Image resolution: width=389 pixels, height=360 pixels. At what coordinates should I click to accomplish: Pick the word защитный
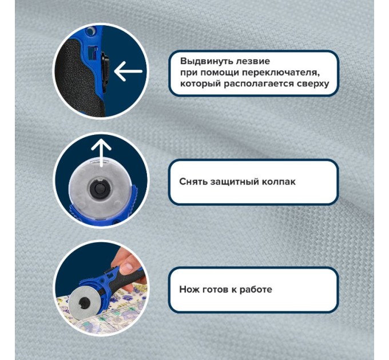pyautogui.click(x=231, y=182)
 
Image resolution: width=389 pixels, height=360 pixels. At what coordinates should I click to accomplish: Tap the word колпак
pyautogui.click(x=275, y=182)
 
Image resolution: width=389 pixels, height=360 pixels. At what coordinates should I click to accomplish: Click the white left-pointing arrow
pyautogui.click(x=128, y=71)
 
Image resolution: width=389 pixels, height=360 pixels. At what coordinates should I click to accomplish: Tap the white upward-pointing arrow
pyautogui.click(x=101, y=153)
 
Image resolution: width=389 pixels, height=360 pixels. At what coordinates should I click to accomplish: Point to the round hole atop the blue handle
pyautogui.click(x=91, y=31)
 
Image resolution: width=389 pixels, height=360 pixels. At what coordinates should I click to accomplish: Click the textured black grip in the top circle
pyautogui.click(x=77, y=74)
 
